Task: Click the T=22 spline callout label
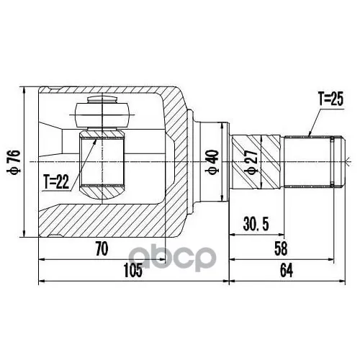(56, 181)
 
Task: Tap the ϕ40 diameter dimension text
(212, 162)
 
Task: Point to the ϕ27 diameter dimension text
(251, 162)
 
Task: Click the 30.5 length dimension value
(256, 224)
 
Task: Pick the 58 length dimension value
(281, 248)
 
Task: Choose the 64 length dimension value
(287, 271)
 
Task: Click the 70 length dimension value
(102, 248)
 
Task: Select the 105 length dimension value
(133, 270)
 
